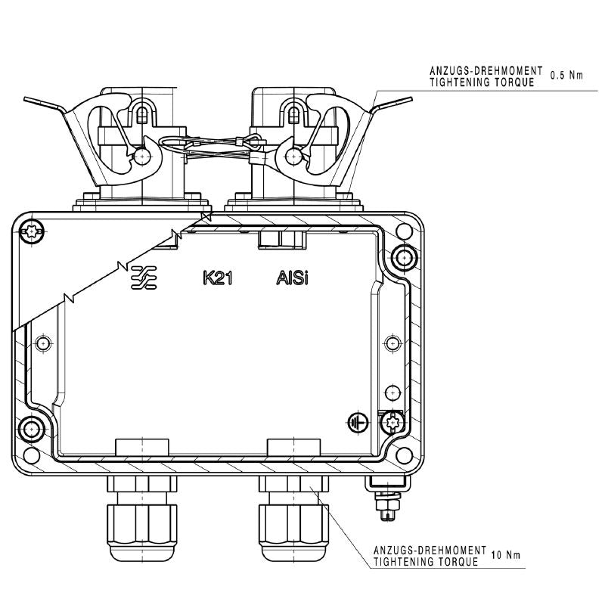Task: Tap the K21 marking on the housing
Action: pyautogui.click(x=217, y=278)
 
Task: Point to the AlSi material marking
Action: pyautogui.click(x=291, y=278)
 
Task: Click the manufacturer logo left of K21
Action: pyautogui.click(x=144, y=278)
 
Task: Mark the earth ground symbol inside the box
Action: pyautogui.click(x=358, y=422)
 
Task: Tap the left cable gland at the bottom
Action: pyautogui.click(x=141, y=522)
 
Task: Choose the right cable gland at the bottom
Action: pyautogui.click(x=293, y=522)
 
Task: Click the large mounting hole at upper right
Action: pyautogui.click(x=404, y=258)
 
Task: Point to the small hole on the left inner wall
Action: pyautogui.click(x=42, y=343)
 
